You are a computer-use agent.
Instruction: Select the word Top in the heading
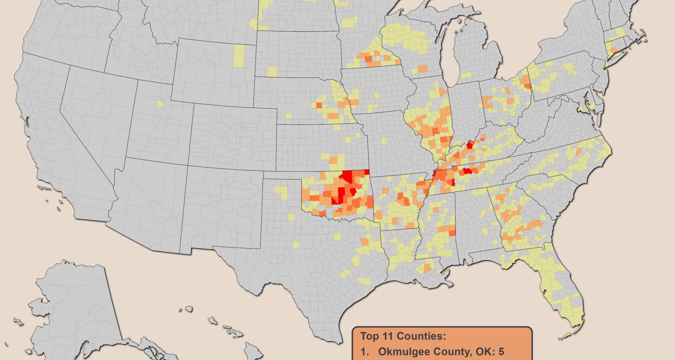click(x=368, y=336)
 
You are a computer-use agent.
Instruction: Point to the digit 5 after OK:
click(x=501, y=351)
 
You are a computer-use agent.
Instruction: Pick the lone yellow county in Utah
click(x=160, y=104)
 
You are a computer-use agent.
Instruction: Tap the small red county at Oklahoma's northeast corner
click(x=367, y=172)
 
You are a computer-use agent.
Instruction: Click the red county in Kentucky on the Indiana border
click(x=470, y=145)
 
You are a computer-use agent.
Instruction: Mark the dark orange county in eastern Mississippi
click(x=452, y=233)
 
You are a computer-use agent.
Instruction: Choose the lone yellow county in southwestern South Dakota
click(x=272, y=72)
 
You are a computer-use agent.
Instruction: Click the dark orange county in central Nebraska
click(x=319, y=105)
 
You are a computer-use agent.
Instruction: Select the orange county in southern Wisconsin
click(x=423, y=68)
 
